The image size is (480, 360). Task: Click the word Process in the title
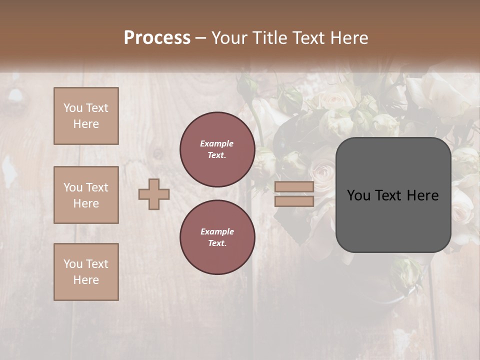157,38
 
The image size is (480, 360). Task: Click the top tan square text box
86,116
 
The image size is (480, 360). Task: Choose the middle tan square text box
86,195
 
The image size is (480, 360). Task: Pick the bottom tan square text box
86,272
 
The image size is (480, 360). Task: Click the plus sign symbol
154,194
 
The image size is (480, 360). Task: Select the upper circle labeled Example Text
217,149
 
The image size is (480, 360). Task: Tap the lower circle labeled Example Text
217,237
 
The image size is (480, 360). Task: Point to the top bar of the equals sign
294,186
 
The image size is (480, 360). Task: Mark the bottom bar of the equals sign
294,201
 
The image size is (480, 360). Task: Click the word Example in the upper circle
217,143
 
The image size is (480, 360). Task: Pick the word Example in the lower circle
217,231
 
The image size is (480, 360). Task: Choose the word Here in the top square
86,124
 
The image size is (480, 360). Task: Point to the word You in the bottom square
72,264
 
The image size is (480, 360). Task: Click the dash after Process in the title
201,38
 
